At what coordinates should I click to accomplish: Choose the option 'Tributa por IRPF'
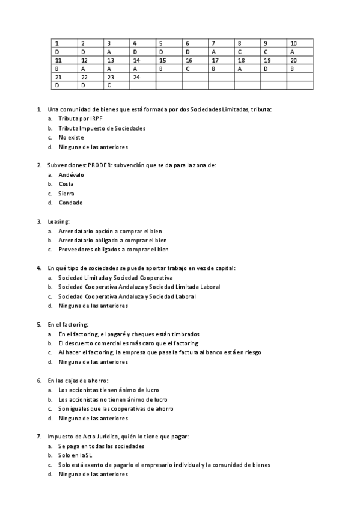pos(77,119)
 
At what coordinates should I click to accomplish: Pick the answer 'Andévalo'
pos(72,174)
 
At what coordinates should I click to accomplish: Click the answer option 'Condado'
pos(70,203)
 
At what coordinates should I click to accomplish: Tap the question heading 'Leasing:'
pos(58,221)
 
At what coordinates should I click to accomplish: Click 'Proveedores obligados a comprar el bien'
pos(113,249)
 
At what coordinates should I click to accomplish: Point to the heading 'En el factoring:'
pos(68,324)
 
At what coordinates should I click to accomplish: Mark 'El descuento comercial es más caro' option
pos(128,343)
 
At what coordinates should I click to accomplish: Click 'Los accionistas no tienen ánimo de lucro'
pos(112,399)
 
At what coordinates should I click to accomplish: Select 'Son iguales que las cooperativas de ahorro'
pos(115,408)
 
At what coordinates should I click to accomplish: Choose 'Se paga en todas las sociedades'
pos(101,446)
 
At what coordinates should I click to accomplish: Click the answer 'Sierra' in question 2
pos(67,194)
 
